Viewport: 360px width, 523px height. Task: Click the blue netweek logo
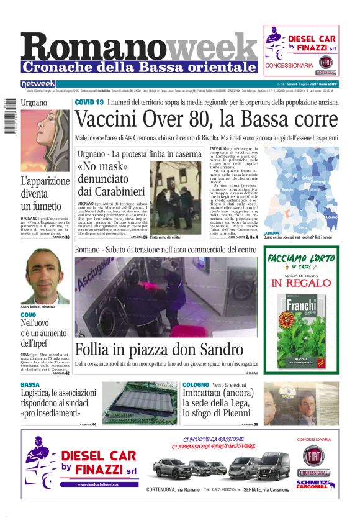pyautogui.click(x=38, y=84)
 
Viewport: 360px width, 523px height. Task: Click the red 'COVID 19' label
pyautogui.click(x=89, y=102)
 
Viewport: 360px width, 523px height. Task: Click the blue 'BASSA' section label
pyautogui.click(x=30, y=385)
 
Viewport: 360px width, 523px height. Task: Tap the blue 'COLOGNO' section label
pyautogui.click(x=196, y=385)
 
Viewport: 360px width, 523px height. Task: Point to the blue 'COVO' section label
pyautogui.click(x=28, y=316)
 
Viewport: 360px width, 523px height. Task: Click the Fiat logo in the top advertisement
pyautogui.click(x=325, y=62)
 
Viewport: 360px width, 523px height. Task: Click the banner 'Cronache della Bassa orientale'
pyautogui.click(x=139, y=66)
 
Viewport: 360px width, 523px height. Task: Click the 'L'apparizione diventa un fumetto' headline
pyautogui.click(x=45, y=193)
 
